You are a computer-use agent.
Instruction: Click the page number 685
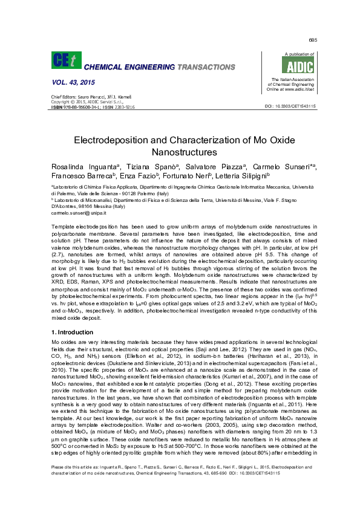coord(312,41)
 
